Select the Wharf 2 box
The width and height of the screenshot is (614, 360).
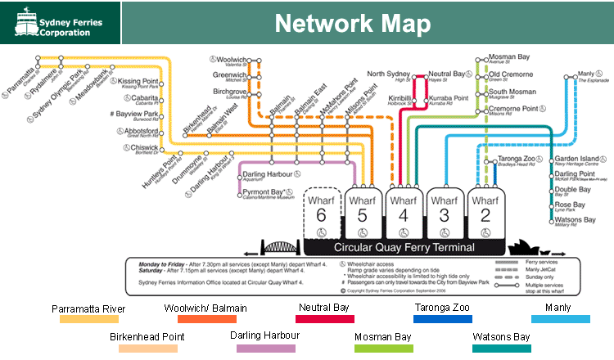click(x=485, y=214)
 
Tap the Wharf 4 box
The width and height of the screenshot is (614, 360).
click(x=403, y=214)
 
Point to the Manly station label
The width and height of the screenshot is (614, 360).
click(x=587, y=74)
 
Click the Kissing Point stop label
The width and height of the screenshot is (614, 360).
click(x=139, y=82)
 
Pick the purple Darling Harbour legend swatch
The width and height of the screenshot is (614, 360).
click(x=266, y=348)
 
